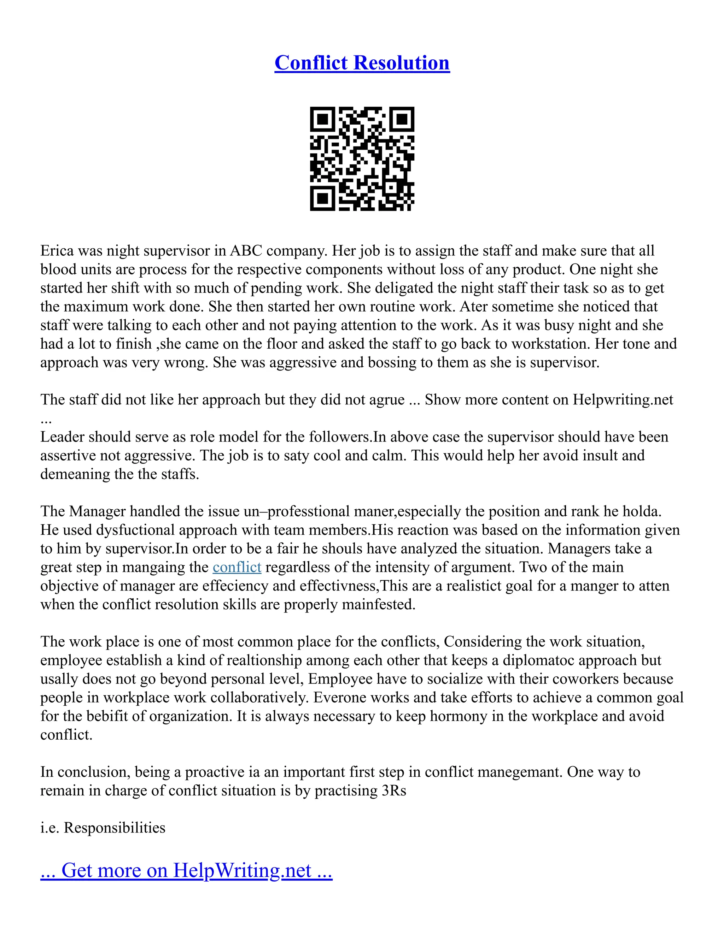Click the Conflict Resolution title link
(362, 63)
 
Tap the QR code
(362, 159)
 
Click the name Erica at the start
(57, 250)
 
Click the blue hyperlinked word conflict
(237, 567)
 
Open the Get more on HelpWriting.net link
(186, 870)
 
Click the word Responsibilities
(115, 828)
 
